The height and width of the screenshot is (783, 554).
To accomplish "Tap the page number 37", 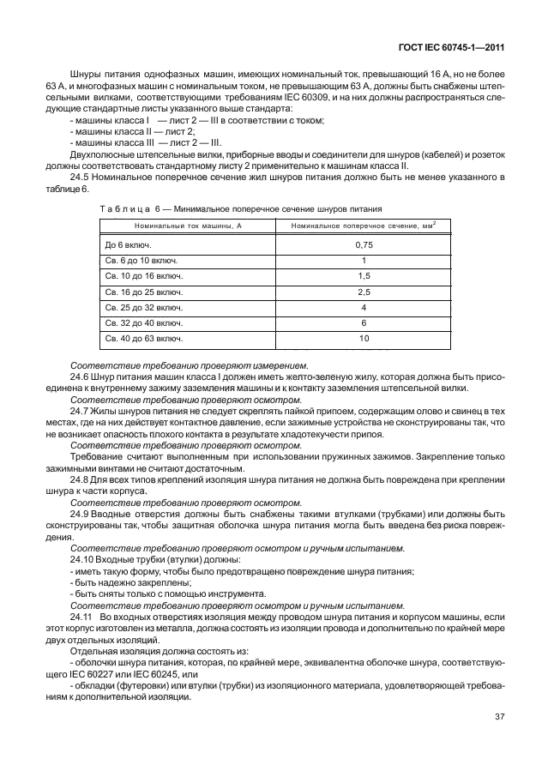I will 498,718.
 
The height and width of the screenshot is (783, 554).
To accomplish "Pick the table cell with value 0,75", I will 364,245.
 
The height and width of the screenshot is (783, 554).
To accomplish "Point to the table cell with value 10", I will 364,338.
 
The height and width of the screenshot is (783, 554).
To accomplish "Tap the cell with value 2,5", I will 364,292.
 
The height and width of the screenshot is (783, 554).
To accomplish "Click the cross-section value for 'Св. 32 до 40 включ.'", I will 364,322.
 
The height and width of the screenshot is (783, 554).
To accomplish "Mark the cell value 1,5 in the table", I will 364,276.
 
